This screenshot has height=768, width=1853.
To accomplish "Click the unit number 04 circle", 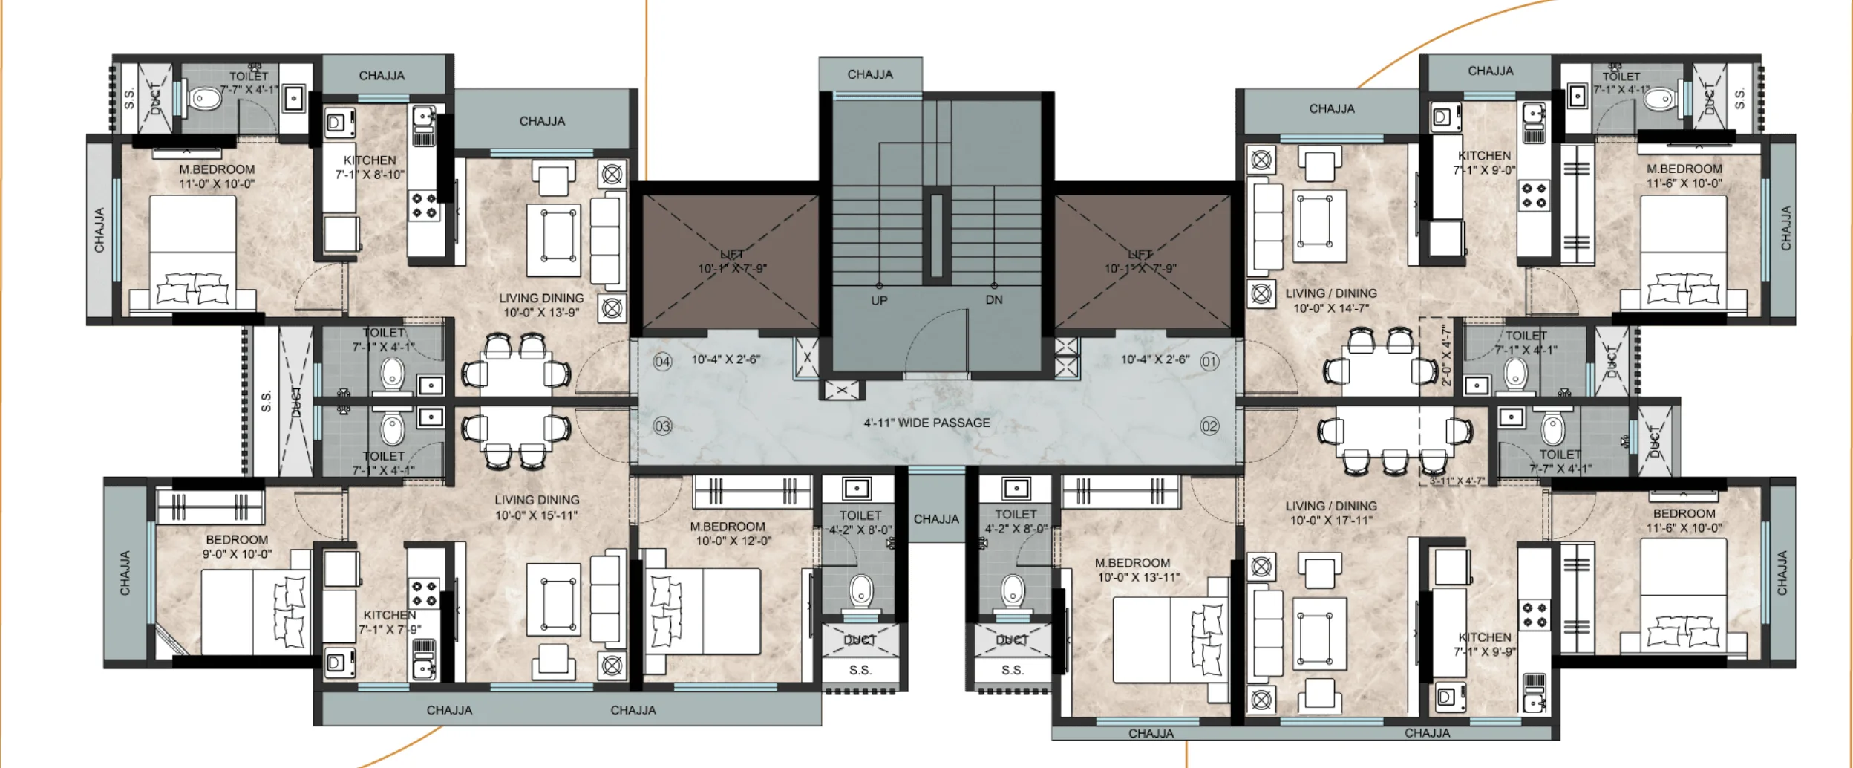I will tap(662, 362).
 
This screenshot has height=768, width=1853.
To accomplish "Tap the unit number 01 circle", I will tap(1209, 362).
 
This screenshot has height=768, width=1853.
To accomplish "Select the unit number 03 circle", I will tap(662, 426).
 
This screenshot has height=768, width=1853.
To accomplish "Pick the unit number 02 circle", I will tap(1209, 426).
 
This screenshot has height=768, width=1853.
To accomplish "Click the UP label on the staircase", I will tap(879, 301).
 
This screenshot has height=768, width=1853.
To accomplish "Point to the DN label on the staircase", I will tap(994, 300).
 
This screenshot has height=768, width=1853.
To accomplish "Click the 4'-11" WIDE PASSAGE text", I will tap(926, 423).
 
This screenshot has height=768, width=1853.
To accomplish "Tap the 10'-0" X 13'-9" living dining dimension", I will tap(541, 313).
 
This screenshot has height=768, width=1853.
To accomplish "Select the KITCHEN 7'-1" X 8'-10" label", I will tap(370, 167).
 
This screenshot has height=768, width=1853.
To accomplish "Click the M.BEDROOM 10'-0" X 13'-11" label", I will tap(1136, 570).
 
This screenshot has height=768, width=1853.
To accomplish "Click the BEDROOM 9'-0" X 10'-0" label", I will tap(237, 547).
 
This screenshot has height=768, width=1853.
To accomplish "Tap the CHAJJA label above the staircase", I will tap(870, 74).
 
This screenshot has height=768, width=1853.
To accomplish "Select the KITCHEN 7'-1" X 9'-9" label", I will tap(1485, 644).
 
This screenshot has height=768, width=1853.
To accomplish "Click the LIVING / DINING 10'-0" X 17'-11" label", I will tap(1331, 512).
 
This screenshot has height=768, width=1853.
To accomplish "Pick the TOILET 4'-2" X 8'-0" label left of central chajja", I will tap(860, 522).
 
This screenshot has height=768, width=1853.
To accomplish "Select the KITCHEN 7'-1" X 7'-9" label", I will tap(390, 622).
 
